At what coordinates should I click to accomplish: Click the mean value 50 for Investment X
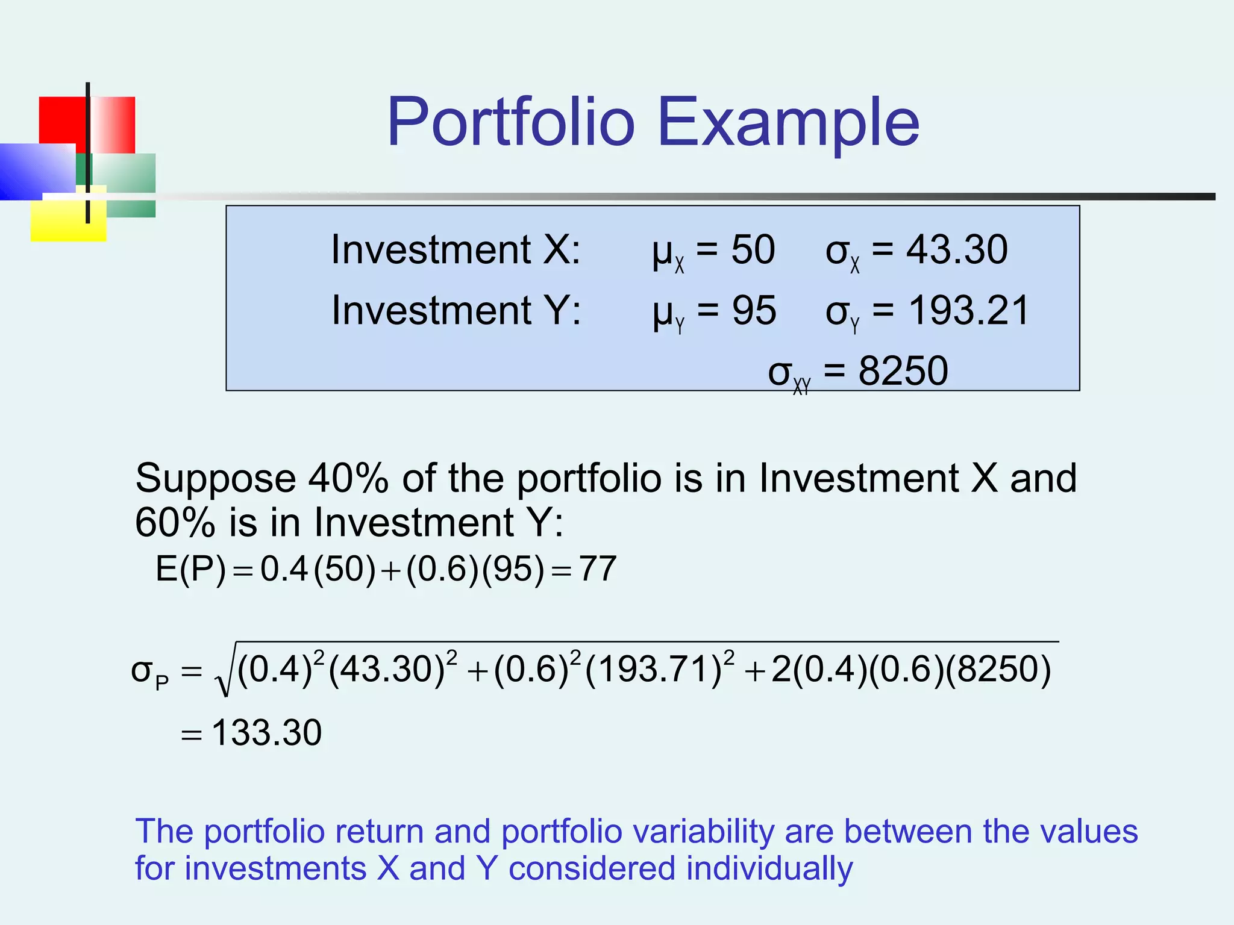point(753,249)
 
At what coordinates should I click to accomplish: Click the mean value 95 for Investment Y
point(754,311)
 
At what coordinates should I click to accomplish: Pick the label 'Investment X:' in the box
point(456,249)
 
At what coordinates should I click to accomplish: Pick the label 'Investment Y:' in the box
point(456,311)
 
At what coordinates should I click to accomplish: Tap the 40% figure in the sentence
point(348,478)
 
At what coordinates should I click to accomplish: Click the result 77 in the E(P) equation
point(598,568)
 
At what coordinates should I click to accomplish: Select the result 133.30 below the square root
point(266,733)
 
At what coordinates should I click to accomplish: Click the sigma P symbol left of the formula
point(149,672)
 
